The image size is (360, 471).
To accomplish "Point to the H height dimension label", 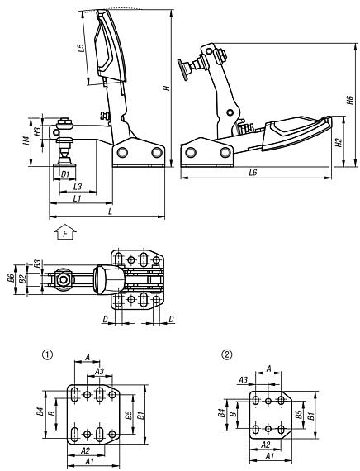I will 168,88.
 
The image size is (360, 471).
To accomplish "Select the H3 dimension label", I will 38,131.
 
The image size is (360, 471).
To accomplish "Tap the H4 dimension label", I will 26,140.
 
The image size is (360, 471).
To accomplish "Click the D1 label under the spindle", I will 64,174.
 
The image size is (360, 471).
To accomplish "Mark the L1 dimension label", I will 76,199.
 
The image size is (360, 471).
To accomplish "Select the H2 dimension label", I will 339,142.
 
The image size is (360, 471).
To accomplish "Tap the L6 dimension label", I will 253,173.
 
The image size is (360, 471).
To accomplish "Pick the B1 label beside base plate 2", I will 310,416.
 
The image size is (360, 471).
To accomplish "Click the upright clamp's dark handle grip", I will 108,50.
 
